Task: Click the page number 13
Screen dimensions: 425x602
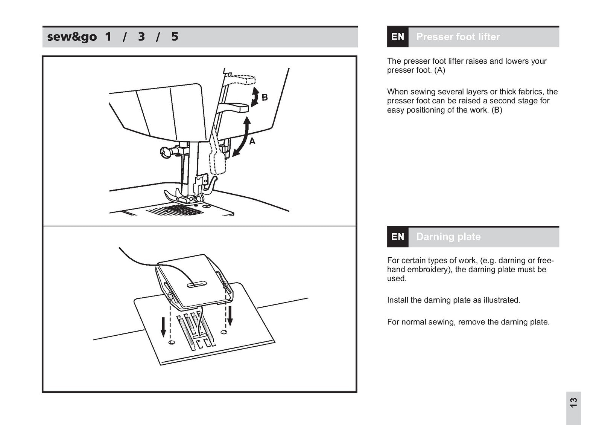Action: pyautogui.click(x=573, y=402)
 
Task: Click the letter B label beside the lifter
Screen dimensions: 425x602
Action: pyautogui.click(x=265, y=98)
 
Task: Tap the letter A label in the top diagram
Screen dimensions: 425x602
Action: pyautogui.click(x=252, y=141)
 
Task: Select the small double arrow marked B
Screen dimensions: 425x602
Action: pyautogui.click(x=255, y=96)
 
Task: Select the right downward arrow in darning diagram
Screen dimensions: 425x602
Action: pyautogui.click(x=230, y=315)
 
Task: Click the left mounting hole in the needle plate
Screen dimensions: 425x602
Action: pyautogui.click(x=172, y=342)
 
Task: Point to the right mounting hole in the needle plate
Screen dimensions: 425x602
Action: pyautogui.click(x=225, y=332)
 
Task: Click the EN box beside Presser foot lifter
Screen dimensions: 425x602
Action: pyautogui.click(x=398, y=37)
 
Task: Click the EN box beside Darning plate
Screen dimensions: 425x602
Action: pyautogui.click(x=398, y=237)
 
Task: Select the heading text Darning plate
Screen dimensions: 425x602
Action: pyautogui.click(x=448, y=237)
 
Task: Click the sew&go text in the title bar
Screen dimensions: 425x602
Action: pyautogui.click(x=72, y=37)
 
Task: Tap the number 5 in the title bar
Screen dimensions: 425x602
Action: pyautogui.click(x=175, y=37)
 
